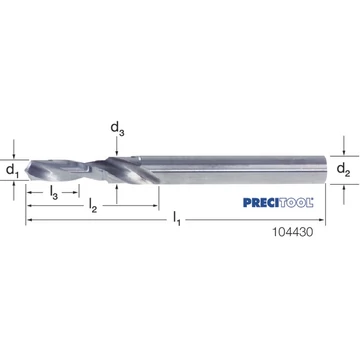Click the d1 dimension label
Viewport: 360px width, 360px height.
coord(12,170)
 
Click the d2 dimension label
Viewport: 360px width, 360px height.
coord(343,170)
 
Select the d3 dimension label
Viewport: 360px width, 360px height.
coord(117,128)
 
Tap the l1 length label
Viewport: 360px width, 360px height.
coord(177,219)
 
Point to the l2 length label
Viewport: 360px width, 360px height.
coord(93,206)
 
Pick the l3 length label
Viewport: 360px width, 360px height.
coord(54,193)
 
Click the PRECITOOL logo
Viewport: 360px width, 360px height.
coord(278,202)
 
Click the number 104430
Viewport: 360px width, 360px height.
coord(293,232)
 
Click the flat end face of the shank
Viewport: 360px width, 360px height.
coord(324,170)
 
